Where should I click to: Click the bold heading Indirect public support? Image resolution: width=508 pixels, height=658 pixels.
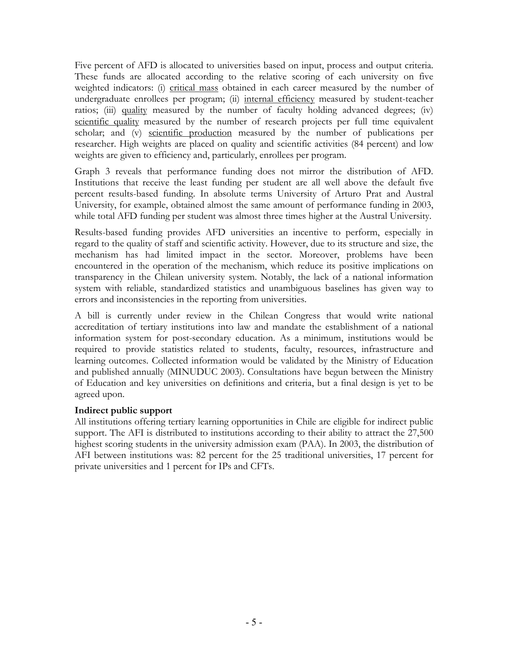(124, 411)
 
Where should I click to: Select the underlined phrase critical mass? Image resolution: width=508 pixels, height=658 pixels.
(194, 88)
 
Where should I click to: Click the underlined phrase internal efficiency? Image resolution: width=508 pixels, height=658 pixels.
(279, 99)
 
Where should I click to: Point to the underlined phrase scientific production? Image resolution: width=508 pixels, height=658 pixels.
(190, 133)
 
